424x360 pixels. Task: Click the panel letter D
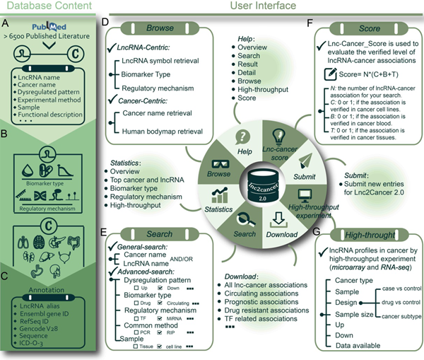105,23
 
